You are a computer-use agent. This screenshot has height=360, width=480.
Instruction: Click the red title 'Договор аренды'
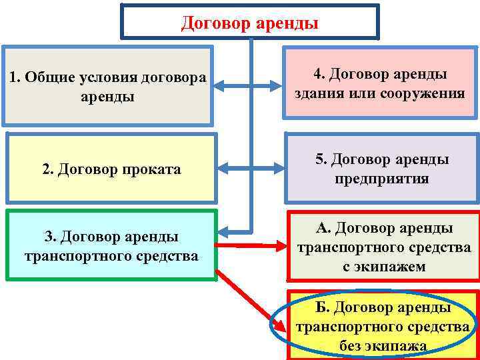(250, 24)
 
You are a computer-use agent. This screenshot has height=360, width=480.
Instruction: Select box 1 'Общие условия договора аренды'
(107, 86)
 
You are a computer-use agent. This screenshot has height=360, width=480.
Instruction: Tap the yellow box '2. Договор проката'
(111, 169)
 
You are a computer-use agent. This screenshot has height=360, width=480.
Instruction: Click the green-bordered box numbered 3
(111, 245)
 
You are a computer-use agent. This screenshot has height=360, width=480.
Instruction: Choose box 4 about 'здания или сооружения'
(380, 83)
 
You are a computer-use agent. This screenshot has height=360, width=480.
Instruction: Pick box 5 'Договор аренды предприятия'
(382, 169)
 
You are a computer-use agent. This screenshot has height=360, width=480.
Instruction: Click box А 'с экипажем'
(383, 247)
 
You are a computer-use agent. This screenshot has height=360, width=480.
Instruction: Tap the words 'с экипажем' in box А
(383, 267)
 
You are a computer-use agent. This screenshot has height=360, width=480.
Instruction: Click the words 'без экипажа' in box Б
(383, 346)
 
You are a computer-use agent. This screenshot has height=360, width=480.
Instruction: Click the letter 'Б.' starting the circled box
(323, 308)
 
